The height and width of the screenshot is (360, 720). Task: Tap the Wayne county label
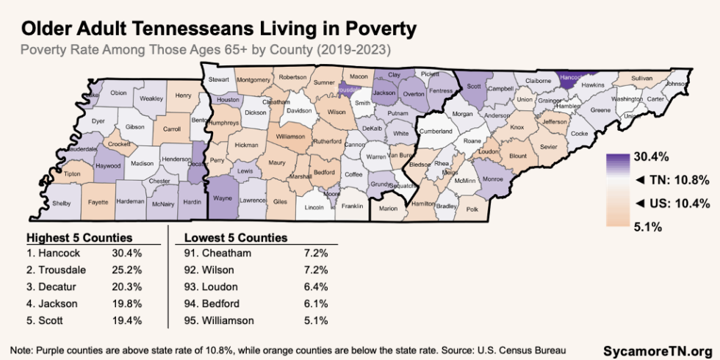coord(226,198)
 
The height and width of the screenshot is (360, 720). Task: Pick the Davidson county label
coord(299,110)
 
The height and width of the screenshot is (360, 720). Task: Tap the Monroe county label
coord(491,179)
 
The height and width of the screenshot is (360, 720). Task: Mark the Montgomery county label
coord(254,80)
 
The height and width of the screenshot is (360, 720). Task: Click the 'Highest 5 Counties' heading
coord(79,238)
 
